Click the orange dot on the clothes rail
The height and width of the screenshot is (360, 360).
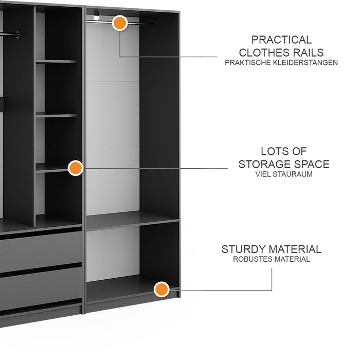pos(120,23)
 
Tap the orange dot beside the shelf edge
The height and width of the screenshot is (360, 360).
pos(76,168)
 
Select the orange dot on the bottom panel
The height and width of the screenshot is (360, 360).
pos(161,289)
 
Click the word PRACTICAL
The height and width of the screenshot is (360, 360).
pos(281,40)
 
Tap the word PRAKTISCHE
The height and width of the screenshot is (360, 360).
pos(248,63)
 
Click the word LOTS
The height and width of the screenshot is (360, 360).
pos(272,152)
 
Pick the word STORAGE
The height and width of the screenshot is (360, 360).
pos(265,165)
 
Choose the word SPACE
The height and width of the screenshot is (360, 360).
pos(312,165)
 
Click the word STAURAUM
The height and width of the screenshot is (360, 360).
pos(294,174)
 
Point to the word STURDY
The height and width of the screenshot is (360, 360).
pos(243,249)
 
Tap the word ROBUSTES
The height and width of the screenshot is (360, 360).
pos(253,259)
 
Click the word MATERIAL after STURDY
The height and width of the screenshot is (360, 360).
pos(295,249)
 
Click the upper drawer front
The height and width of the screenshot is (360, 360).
pos(41,251)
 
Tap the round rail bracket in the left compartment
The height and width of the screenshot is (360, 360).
pos(17,34)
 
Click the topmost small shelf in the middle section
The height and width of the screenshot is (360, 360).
pos(57,62)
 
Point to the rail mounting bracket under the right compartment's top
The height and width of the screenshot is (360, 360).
pos(96,15)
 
